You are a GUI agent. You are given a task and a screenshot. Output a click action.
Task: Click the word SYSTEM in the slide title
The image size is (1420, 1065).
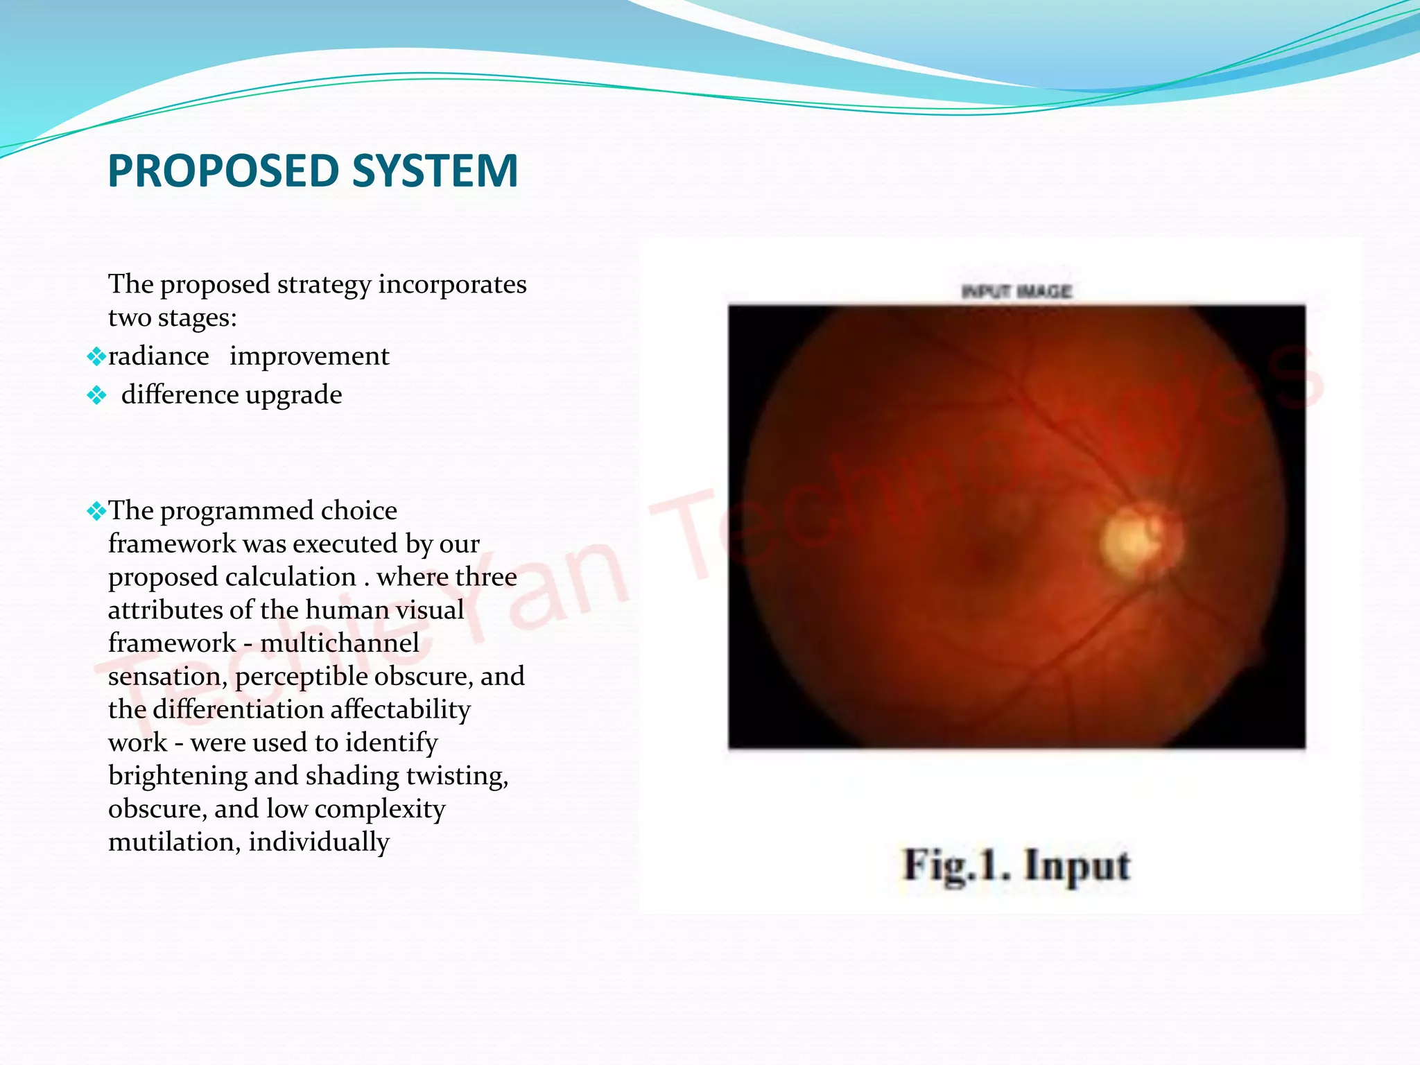(x=435, y=171)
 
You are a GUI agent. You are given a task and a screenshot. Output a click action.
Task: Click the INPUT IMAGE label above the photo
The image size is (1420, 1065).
(x=1016, y=291)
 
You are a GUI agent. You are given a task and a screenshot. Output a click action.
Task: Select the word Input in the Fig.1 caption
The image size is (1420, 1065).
(x=1077, y=866)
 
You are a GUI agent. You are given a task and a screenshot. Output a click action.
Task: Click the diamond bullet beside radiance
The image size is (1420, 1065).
(x=96, y=357)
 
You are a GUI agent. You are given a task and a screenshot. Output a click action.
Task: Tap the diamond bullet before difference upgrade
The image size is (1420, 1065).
(x=96, y=396)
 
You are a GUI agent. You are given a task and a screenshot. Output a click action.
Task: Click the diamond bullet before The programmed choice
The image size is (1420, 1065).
(x=96, y=512)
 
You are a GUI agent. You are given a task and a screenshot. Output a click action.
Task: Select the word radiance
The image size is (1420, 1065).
(x=159, y=356)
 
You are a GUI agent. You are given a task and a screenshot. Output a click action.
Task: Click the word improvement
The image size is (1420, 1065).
(x=309, y=356)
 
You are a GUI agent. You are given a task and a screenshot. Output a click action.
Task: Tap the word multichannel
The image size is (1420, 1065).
(x=340, y=643)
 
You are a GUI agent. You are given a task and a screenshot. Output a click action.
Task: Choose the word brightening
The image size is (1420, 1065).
(x=177, y=776)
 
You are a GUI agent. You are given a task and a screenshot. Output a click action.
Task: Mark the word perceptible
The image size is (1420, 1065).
(x=301, y=677)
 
